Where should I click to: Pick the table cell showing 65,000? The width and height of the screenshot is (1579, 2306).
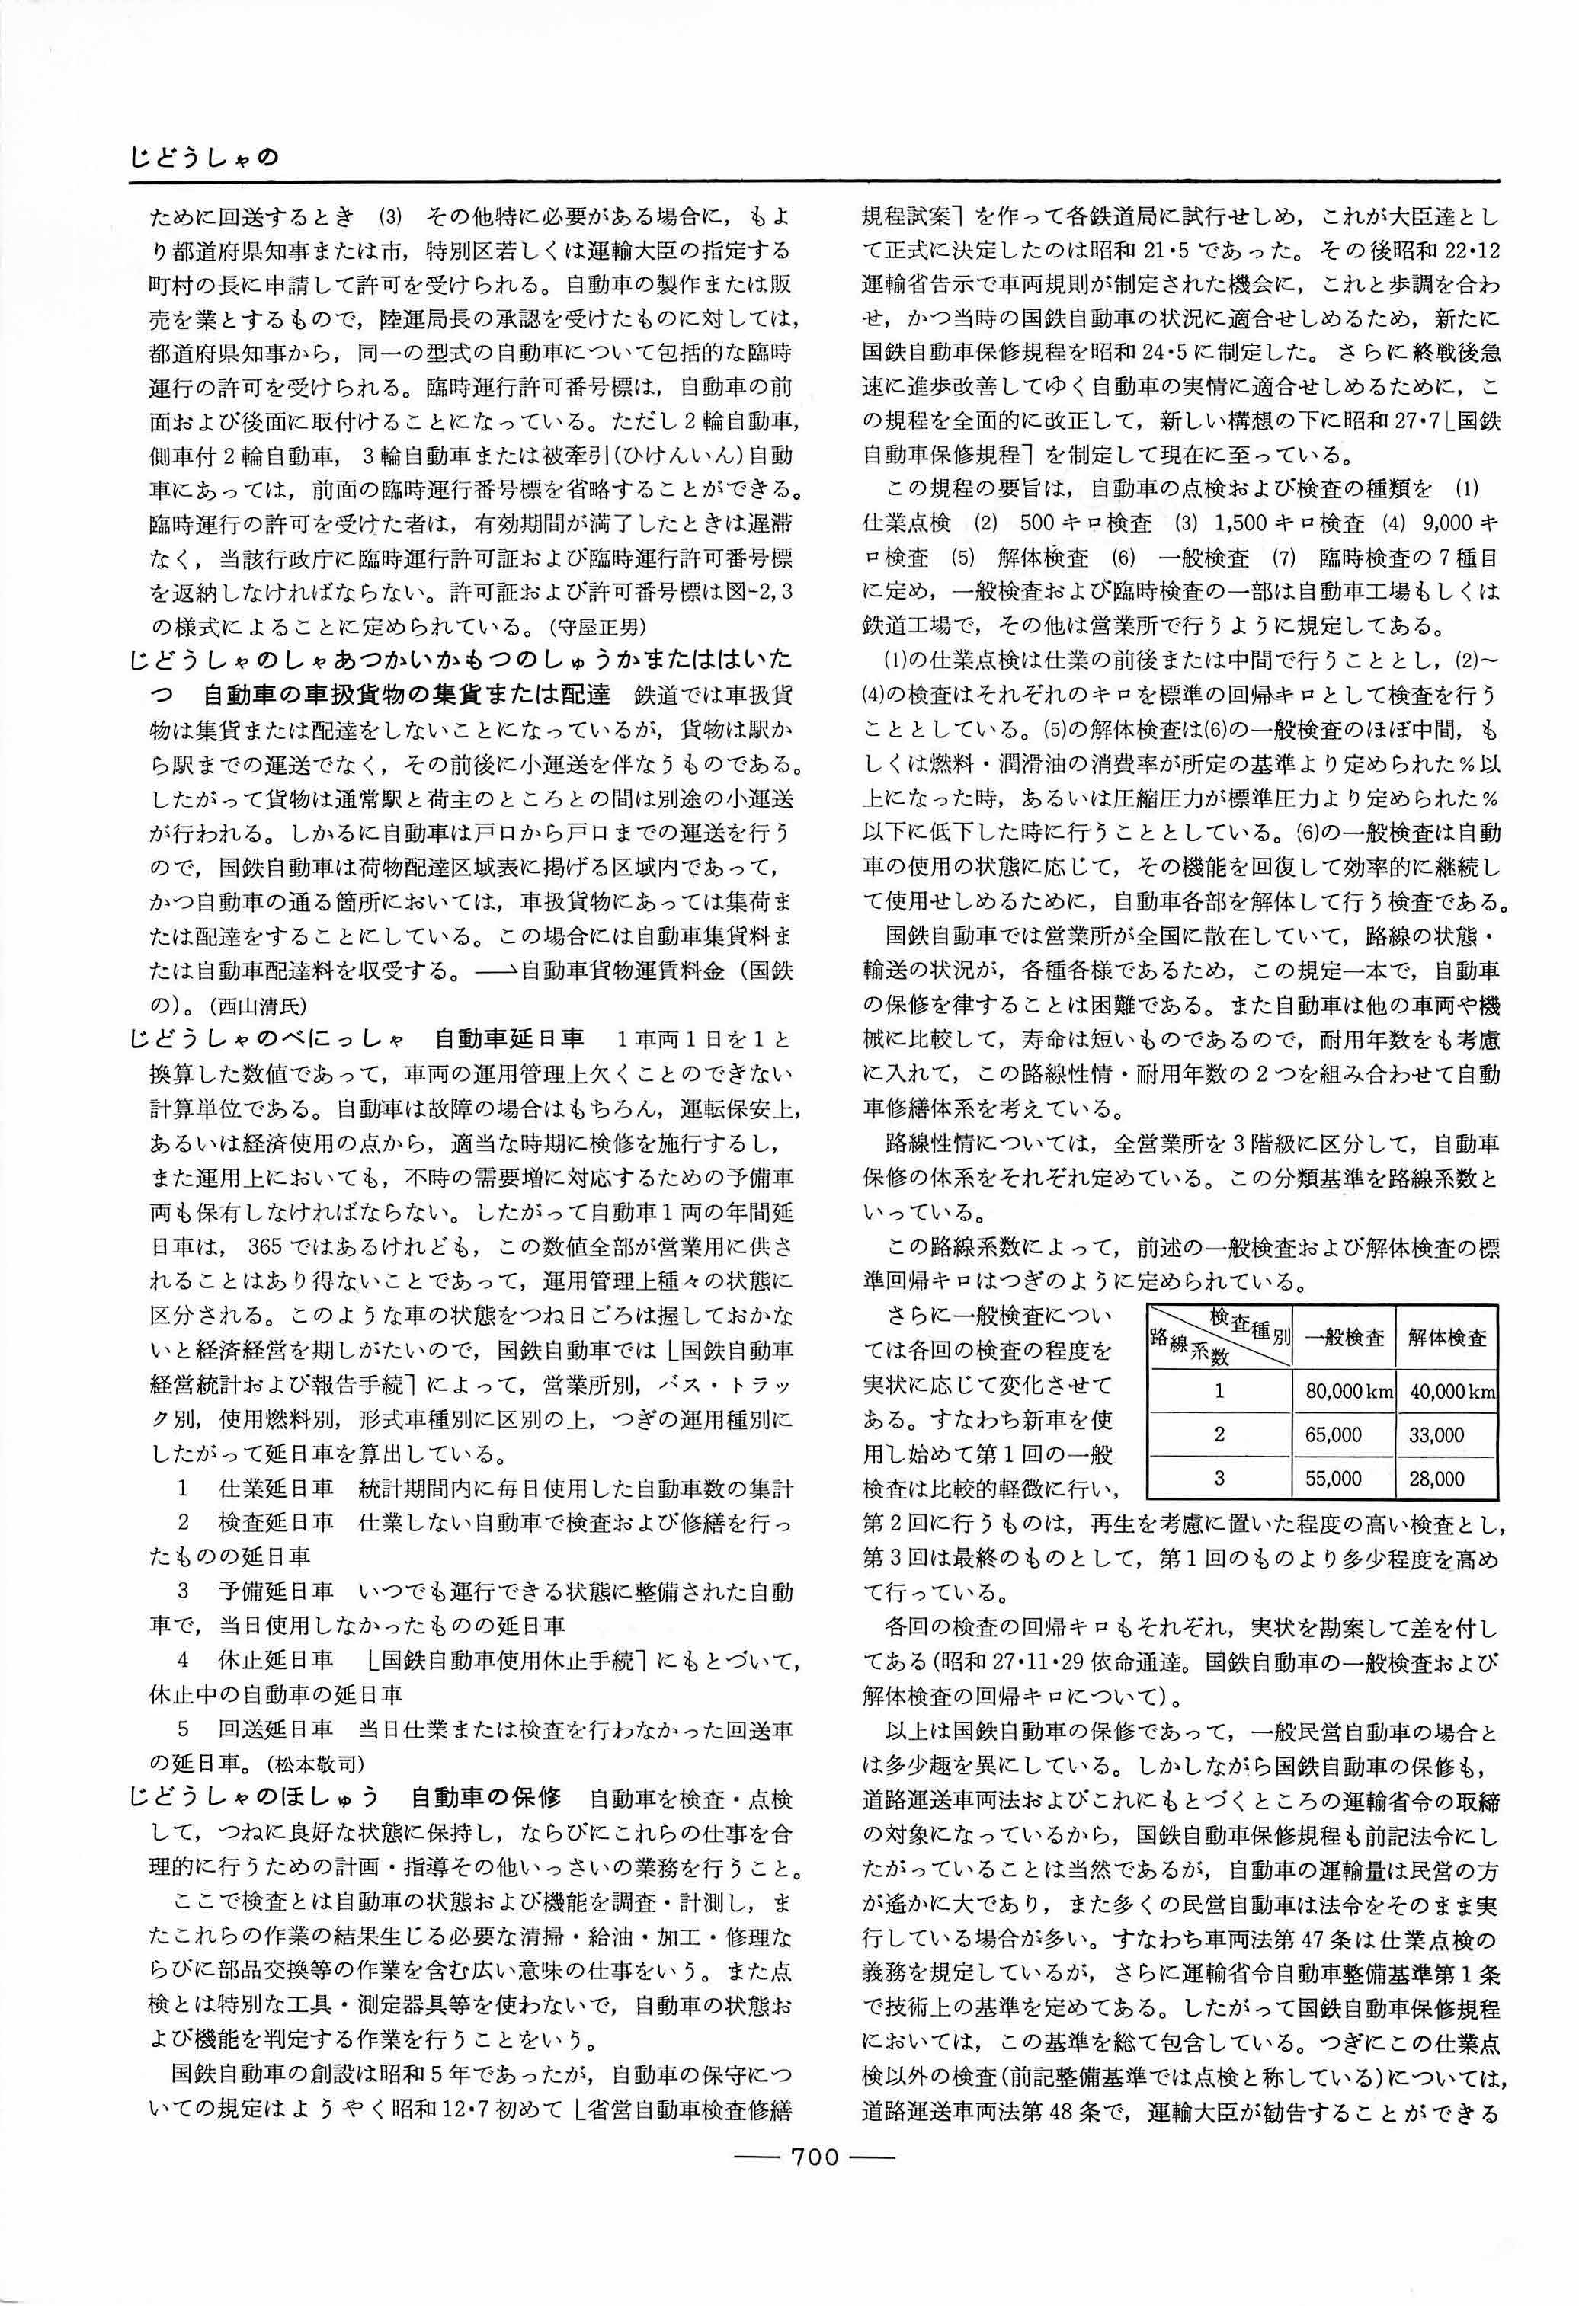pos(1333,1434)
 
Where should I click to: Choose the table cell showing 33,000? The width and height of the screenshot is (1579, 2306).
pos(1435,1434)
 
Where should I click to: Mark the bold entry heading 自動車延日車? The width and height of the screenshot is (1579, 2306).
pos(509,1040)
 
